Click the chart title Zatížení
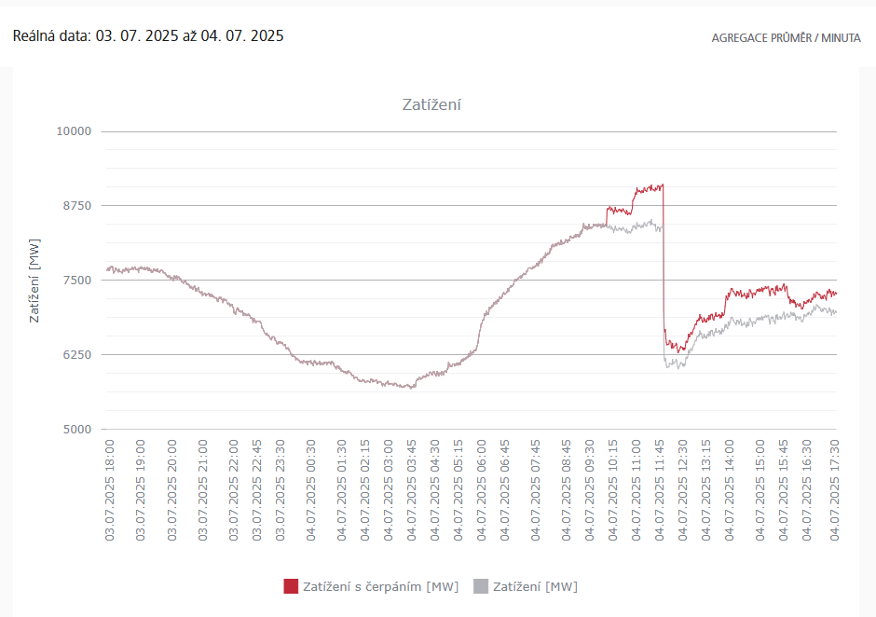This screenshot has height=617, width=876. tap(431, 104)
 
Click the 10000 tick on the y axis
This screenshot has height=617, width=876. tap(74, 131)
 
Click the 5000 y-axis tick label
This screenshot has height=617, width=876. tap(77, 430)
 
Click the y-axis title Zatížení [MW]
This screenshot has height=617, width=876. tap(34, 281)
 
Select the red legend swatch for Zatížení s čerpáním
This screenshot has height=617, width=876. tap(291, 586)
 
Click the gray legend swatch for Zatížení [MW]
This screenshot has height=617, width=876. tap(481, 586)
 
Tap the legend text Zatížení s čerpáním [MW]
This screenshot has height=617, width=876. tap(380, 586)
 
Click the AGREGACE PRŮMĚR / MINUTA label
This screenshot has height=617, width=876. tap(786, 38)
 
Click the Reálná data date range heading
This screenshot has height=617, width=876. tap(148, 36)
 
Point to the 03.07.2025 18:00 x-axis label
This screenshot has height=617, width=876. tap(109, 490)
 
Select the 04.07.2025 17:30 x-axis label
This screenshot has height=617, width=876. tap(835, 490)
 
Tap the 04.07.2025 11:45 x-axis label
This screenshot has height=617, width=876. tap(659, 490)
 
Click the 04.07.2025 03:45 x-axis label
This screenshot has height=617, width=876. tap(412, 490)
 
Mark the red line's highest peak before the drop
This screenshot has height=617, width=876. tap(661, 185)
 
